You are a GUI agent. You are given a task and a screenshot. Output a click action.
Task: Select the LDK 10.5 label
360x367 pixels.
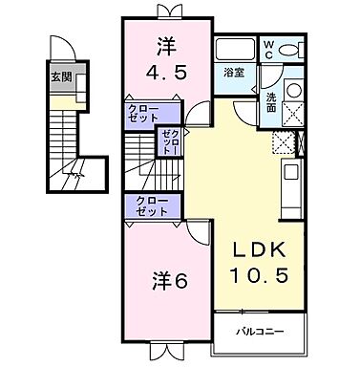[x=256, y=259]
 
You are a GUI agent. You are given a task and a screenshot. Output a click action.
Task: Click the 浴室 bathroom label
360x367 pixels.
[x=232, y=73]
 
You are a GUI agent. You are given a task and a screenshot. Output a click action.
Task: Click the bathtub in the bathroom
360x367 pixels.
[x=234, y=51]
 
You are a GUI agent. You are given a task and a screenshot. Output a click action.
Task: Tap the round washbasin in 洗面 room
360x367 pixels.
[x=293, y=92]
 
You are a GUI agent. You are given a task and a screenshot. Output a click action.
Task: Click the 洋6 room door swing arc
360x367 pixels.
[x=194, y=221]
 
